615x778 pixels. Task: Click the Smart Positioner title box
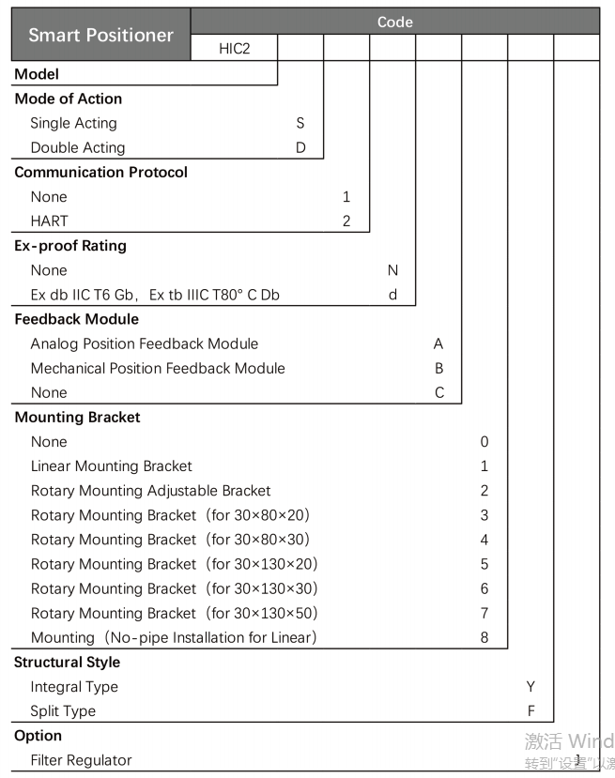[x=100, y=35]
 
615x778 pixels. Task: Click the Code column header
[x=394, y=22]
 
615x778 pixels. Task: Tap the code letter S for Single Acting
[x=300, y=123]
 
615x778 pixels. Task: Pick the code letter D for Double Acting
[x=300, y=147]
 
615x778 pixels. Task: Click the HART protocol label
[x=49, y=221]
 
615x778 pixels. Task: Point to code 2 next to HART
[x=346, y=221]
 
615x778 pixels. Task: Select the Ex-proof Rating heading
[x=70, y=246]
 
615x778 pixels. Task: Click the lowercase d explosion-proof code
[x=392, y=295]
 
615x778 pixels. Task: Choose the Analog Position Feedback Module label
[x=144, y=343]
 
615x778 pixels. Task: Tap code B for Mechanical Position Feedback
[x=438, y=368]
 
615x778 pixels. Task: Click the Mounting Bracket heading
[x=77, y=418]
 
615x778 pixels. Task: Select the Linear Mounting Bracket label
[x=111, y=466]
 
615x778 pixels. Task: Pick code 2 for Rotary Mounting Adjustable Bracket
[x=484, y=491]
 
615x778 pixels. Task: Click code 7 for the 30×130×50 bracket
[x=484, y=613]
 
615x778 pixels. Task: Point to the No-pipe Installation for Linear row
[x=173, y=637]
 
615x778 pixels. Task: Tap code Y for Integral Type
[x=530, y=687]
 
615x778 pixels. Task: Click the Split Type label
[x=63, y=711]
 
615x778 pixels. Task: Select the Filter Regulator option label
[x=81, y=760]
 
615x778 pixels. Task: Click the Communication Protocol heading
[x=100, y=172]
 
